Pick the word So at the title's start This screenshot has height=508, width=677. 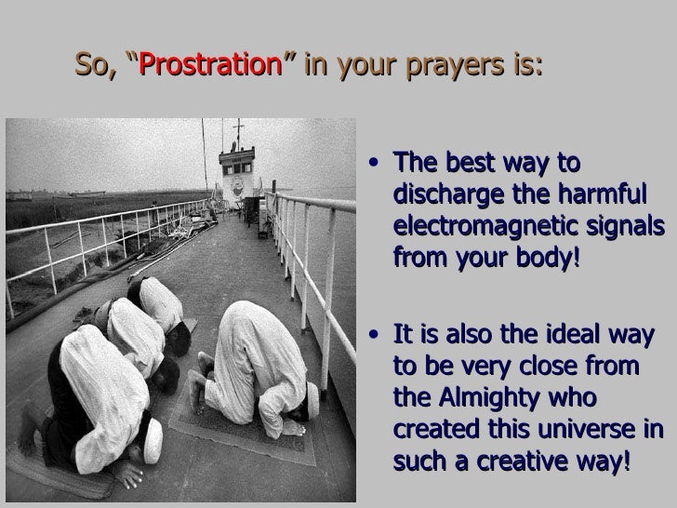(91, 66)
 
